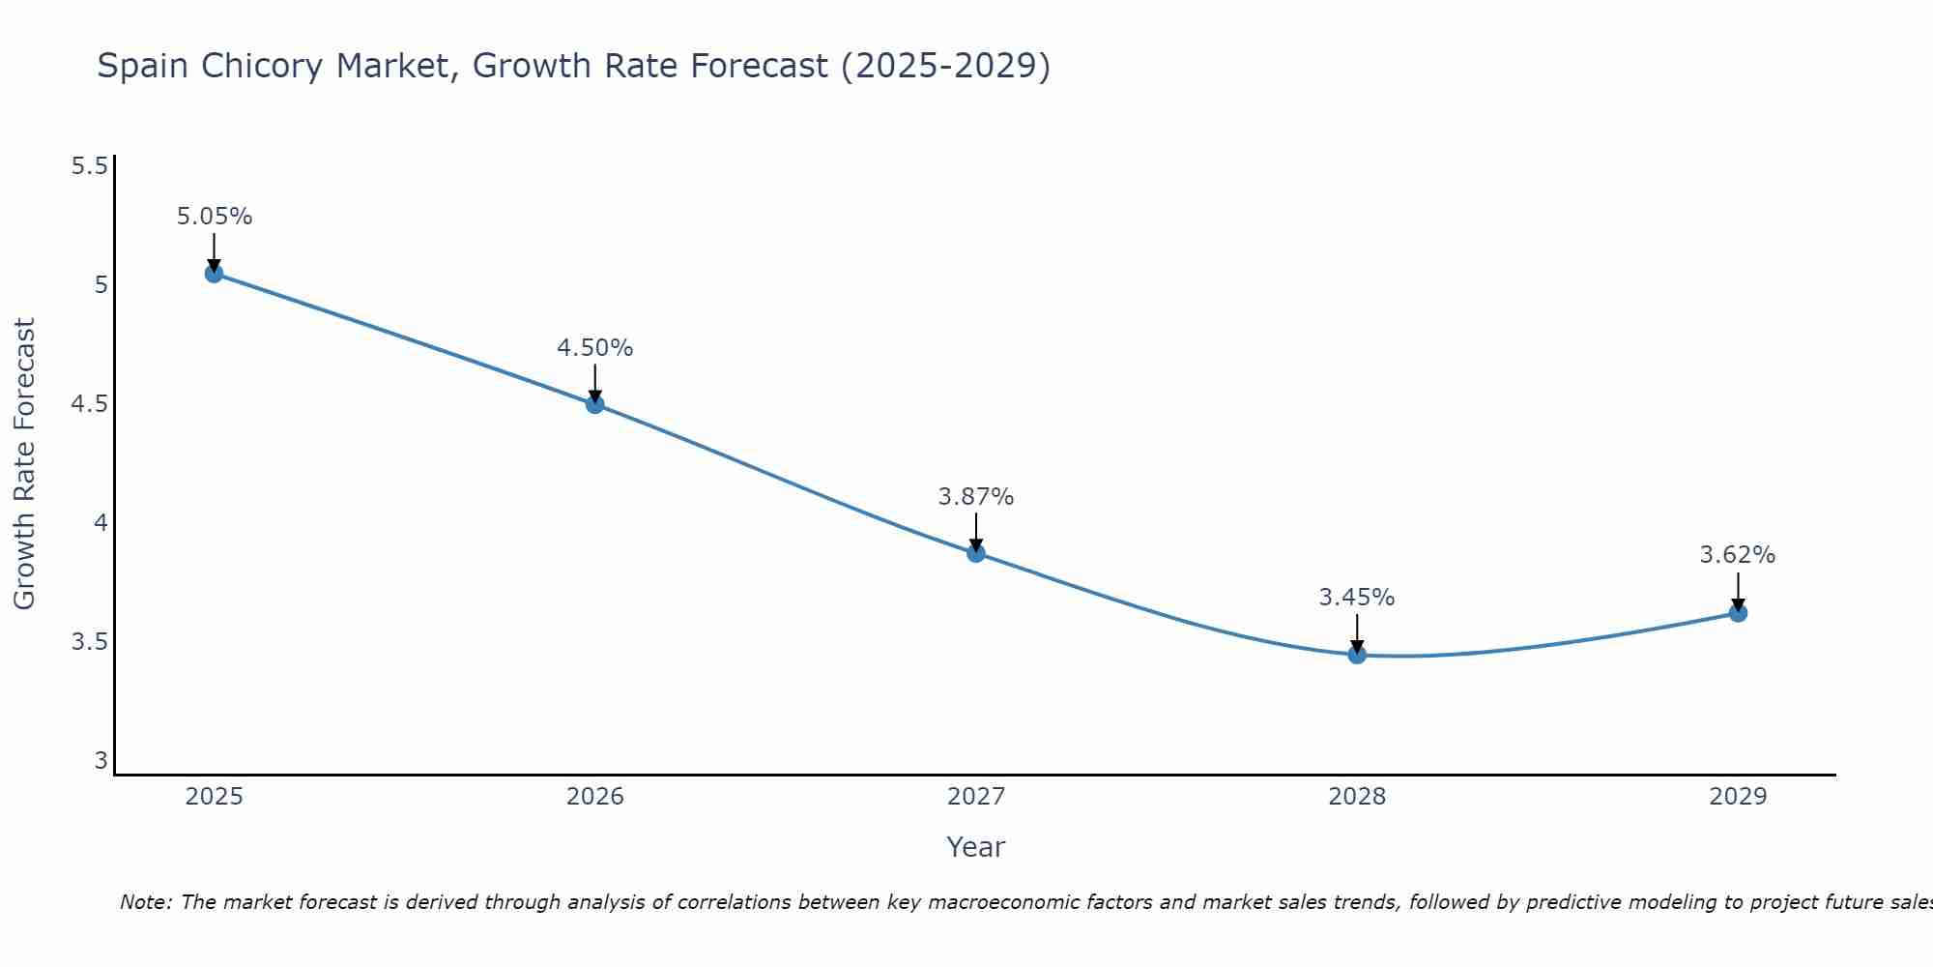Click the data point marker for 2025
214,274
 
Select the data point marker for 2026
595,404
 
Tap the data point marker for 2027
976,553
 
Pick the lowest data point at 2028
1357,655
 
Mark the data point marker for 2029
1738,613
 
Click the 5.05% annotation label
214,217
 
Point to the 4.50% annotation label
595,348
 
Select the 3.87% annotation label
976,497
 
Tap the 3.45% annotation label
1357,598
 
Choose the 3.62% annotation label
1738,555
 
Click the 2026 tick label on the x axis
595,797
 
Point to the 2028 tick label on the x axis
1357,797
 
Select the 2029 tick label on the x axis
1738,797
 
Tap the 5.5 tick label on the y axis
89,166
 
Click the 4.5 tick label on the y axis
89,404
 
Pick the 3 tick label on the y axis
101,761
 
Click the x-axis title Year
976,847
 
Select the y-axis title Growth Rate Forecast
24,464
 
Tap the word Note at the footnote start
145,902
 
